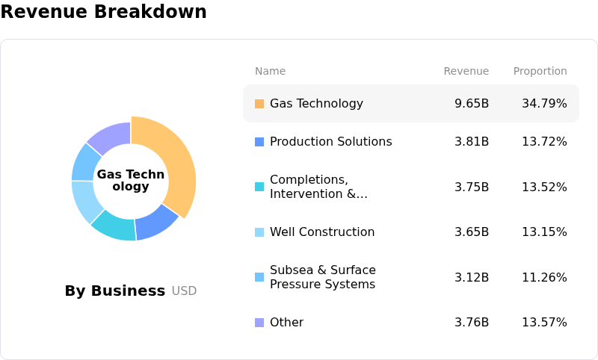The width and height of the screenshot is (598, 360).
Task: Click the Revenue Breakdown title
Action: [x=103, y=12]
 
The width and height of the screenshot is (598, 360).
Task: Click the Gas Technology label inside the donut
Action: [x=131, y=181]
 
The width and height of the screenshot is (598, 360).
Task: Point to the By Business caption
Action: [x=115, y=291]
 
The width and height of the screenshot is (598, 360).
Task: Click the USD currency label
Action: [x=185, y=291]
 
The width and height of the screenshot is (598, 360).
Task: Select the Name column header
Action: [x=270, y=72]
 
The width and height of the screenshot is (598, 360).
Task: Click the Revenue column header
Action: [x=466, y=72]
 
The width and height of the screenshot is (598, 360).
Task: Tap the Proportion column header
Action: [x=540, y=72]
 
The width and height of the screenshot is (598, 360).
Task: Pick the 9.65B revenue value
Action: [x=472, y=104]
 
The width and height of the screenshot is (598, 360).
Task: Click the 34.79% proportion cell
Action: [x=544, y=104]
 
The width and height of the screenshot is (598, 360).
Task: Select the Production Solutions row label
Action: [x=330, y=142]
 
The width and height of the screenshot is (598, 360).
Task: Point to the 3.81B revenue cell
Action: [x=472, y=142]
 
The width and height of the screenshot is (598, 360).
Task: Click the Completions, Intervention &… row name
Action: [x=318, y=187]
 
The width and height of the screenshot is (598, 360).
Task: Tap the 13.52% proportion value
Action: [x=544, y=187]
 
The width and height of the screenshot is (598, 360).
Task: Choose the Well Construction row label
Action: [x=322, y=232]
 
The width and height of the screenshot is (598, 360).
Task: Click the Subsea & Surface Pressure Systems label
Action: [x=323, y=277]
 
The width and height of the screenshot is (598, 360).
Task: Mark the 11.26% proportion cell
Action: [x=544, y=278]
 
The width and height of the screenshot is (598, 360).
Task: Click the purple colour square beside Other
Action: [x=259, y=323]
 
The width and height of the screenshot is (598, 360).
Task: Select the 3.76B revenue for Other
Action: [x=472, y=323]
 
